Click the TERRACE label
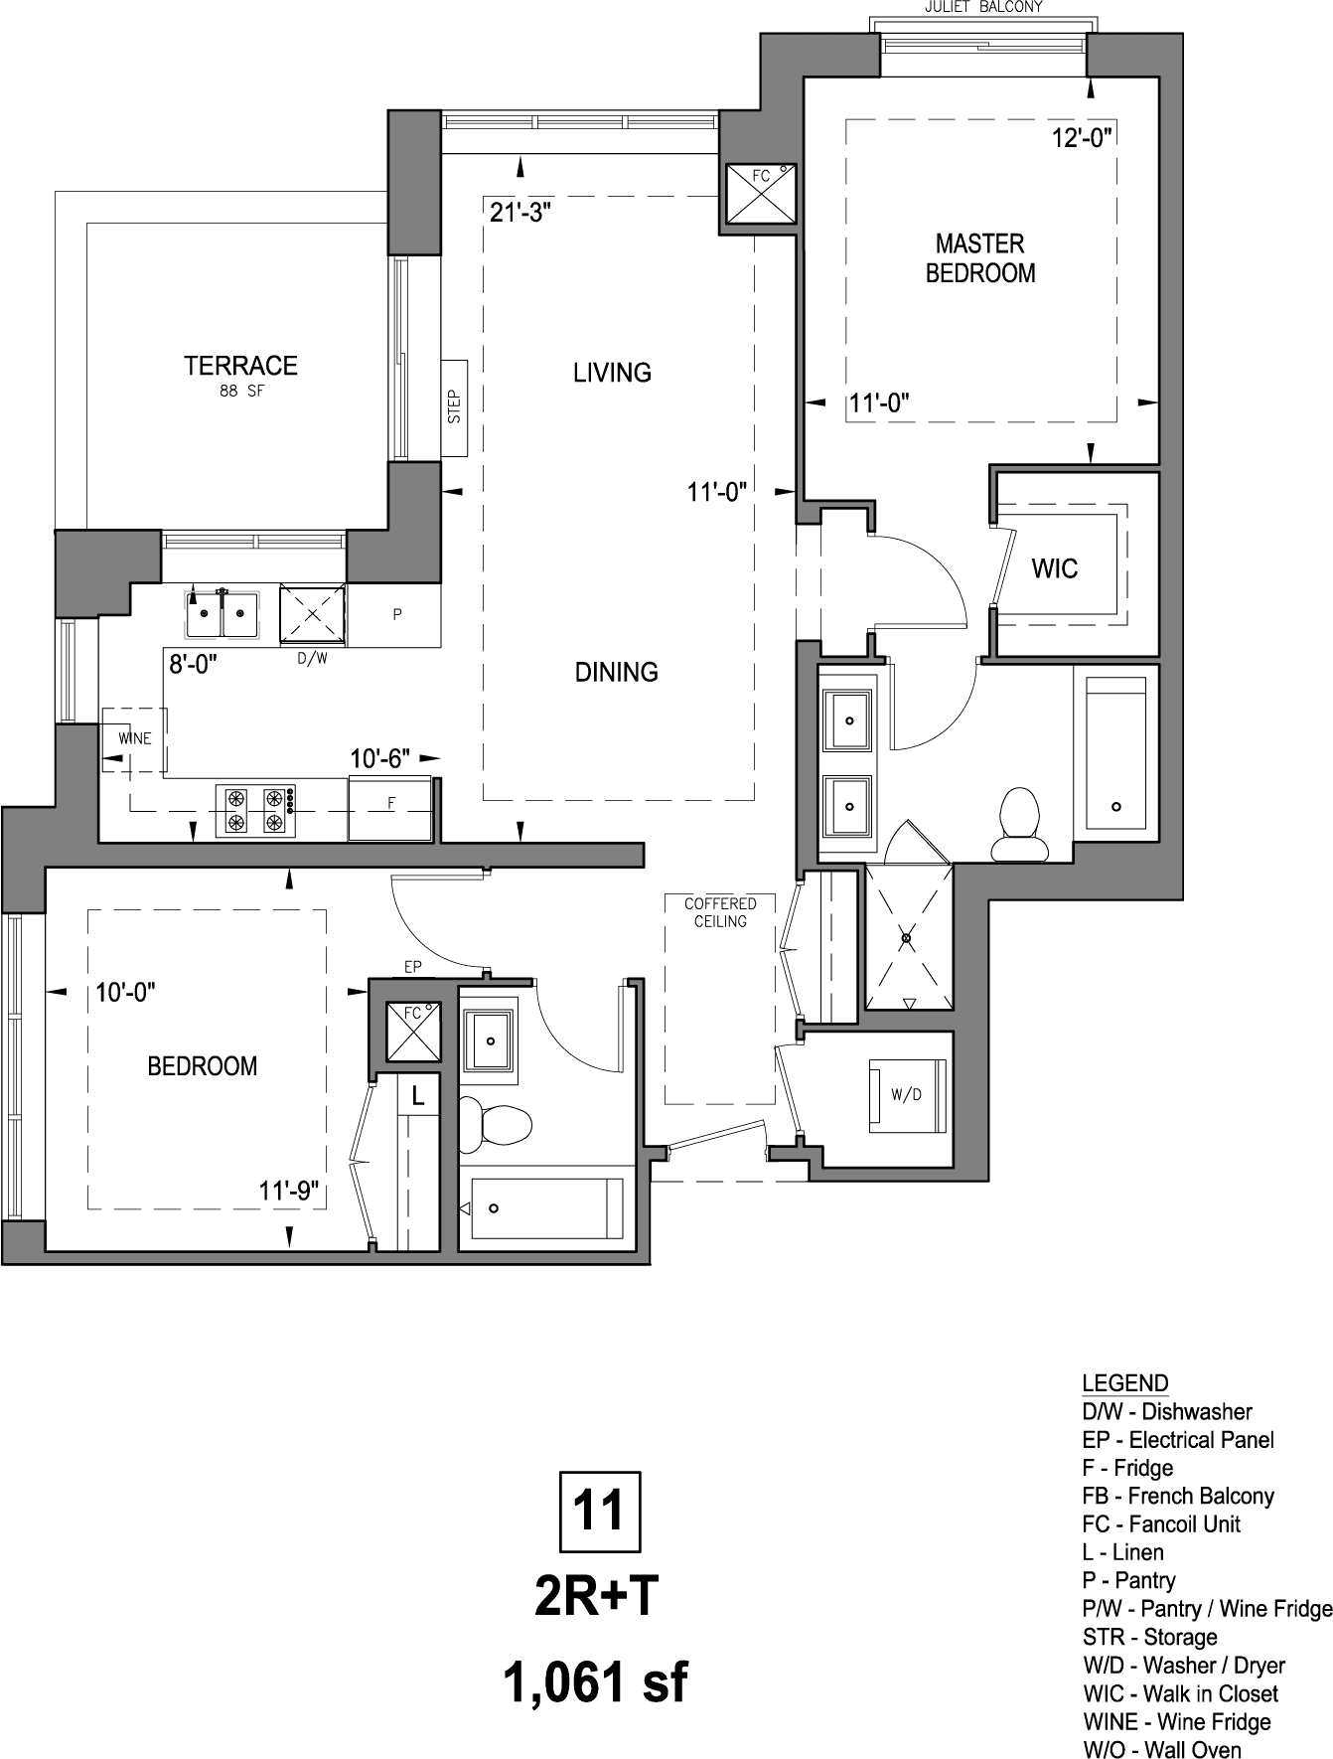(x=240, y=366)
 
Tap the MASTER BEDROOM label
(x=980, y=258)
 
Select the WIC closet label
(x=1055, y=569)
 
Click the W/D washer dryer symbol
(x=905, y=1095)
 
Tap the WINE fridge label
(x=135, y=738)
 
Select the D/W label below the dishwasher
(x=312, y=658)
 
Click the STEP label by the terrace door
(x=455, y=406)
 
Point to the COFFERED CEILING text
(x=720, y=912)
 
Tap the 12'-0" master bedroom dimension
(x=1082, y=137)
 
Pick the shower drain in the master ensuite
(x=907, y=937)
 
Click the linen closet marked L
(x=418, y=1097)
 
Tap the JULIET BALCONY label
(x=983, y=7)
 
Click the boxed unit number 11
(x=600, y=1512)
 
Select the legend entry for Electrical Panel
(x=1178, y=1440)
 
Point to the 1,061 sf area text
(x=596, y=1683)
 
